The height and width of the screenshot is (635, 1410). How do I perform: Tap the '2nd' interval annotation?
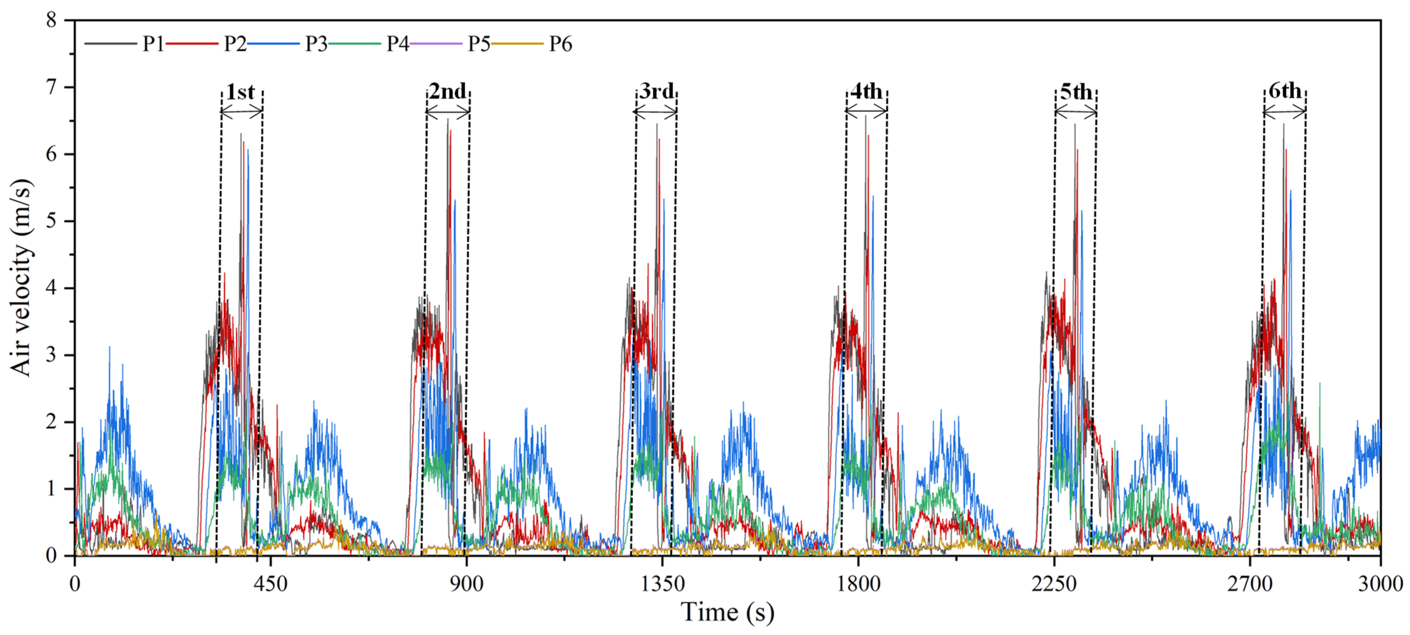(447, 91)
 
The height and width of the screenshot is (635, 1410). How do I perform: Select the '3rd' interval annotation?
(656, 91)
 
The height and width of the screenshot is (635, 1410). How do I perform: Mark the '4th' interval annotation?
(866, 91)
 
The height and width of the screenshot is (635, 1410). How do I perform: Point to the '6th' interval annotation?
(1285, 91)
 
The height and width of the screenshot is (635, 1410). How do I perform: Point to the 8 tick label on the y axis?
(52, 20)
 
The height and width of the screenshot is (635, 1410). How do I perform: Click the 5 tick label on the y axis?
(52, 221)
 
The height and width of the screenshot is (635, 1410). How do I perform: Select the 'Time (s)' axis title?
(727, 613)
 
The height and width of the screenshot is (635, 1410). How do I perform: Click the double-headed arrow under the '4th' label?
(866, 112)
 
